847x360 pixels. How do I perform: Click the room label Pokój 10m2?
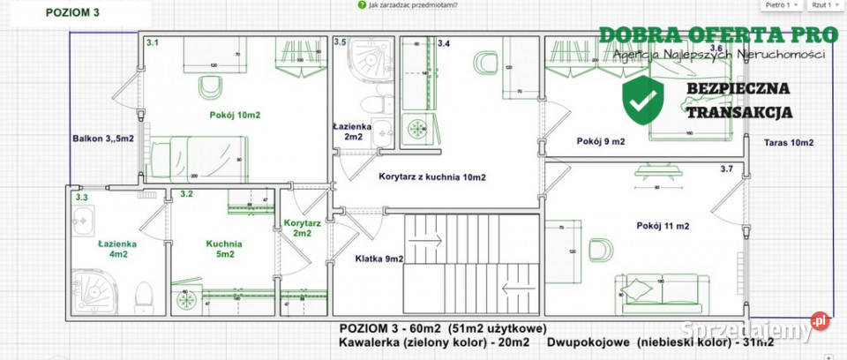[x=234, y=116]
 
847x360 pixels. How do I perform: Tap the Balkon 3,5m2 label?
[x=103, y=139]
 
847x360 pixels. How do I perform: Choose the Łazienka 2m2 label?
[x=354, y=131]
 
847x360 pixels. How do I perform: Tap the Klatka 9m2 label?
[x=379, y=259]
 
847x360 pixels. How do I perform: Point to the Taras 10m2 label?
[x=789, y=142]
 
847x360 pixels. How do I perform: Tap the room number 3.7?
[x=727, y=169]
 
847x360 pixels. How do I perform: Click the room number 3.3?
[x=82, y=198]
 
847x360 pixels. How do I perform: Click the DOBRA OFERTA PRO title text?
[x=717, y=35]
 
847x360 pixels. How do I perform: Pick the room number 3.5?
[x=341, y=41]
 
